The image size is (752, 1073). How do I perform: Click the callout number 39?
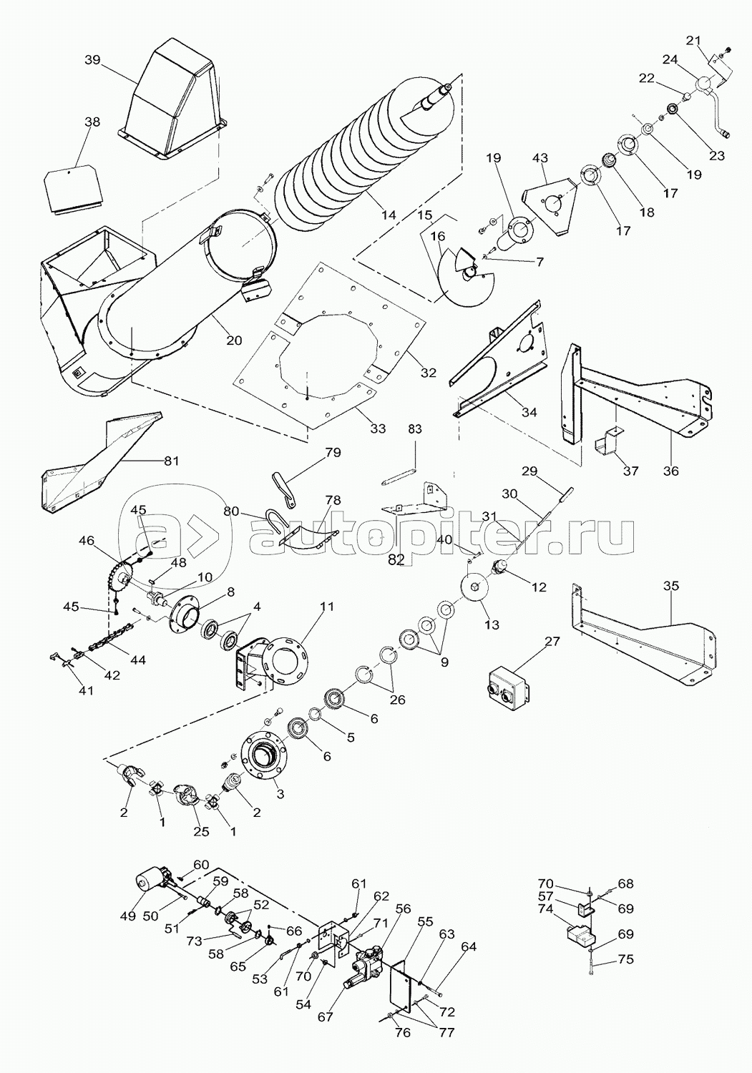(x=92, y=60)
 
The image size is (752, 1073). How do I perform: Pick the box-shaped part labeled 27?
(x=509, y=685)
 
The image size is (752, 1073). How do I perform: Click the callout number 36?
(x=670, y=471)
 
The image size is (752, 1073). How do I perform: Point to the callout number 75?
(x=625, y=959)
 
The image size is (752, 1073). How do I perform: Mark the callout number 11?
(x=327, y=607)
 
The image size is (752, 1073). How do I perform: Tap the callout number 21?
(x=693, y=40)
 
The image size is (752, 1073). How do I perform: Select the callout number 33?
(x=378, y=428)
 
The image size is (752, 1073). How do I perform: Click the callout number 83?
(x=415, y=428)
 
